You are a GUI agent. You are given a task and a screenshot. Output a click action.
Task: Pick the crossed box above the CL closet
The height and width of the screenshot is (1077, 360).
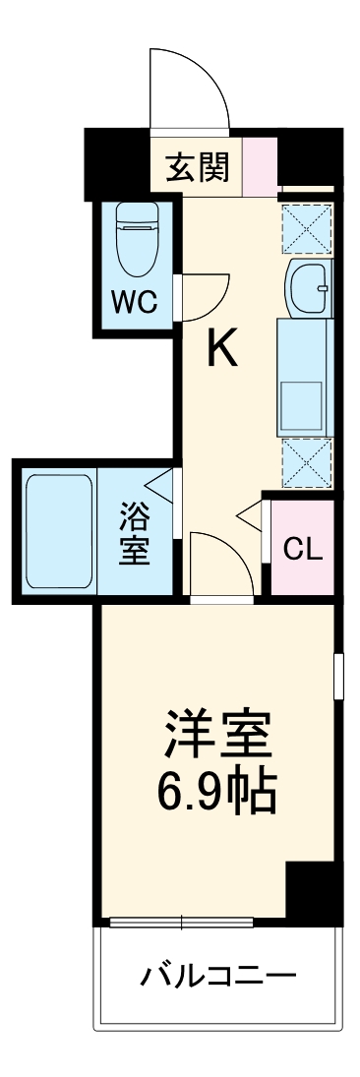click(x=307, y=461)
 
